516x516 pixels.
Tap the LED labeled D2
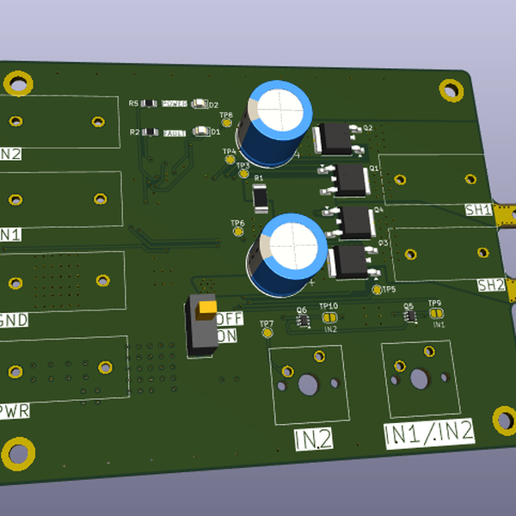click(x=200, y=104)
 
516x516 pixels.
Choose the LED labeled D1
click(x=201, y=132)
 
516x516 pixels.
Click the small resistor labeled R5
click(x=149, y=104)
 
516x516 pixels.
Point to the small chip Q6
click(x=303, y=320)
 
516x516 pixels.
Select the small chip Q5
click(x=410, y=316)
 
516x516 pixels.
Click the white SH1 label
click(x=478, y=209)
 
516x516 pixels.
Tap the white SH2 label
click(x=490, y=285)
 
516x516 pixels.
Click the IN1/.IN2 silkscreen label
click(x=428, y=432)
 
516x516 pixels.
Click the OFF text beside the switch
click(x=230, y=318)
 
